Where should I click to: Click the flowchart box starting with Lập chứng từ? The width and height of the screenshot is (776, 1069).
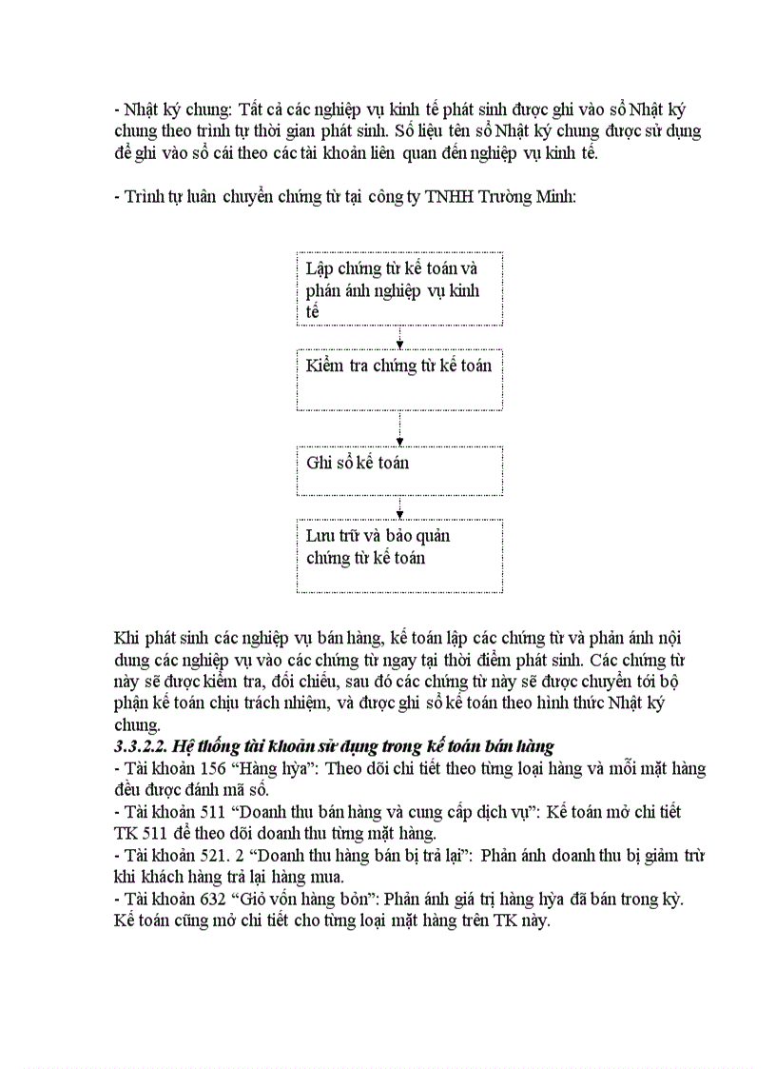pyautogui.click(x=399, y=289)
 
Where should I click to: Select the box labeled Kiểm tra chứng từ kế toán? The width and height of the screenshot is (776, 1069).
pyautogui.click(x=399, y=379)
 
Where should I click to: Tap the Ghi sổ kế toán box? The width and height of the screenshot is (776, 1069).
pyautogui.click(x=399, y=470)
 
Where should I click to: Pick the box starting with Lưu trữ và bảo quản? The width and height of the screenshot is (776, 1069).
pyautogui.click(x=399, y=555)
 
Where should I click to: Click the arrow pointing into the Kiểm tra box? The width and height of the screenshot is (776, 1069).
pyautogui.click(x=399, y=339)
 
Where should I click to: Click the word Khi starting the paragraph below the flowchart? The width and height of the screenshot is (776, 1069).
pyautogui.click(x=126, y=637)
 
